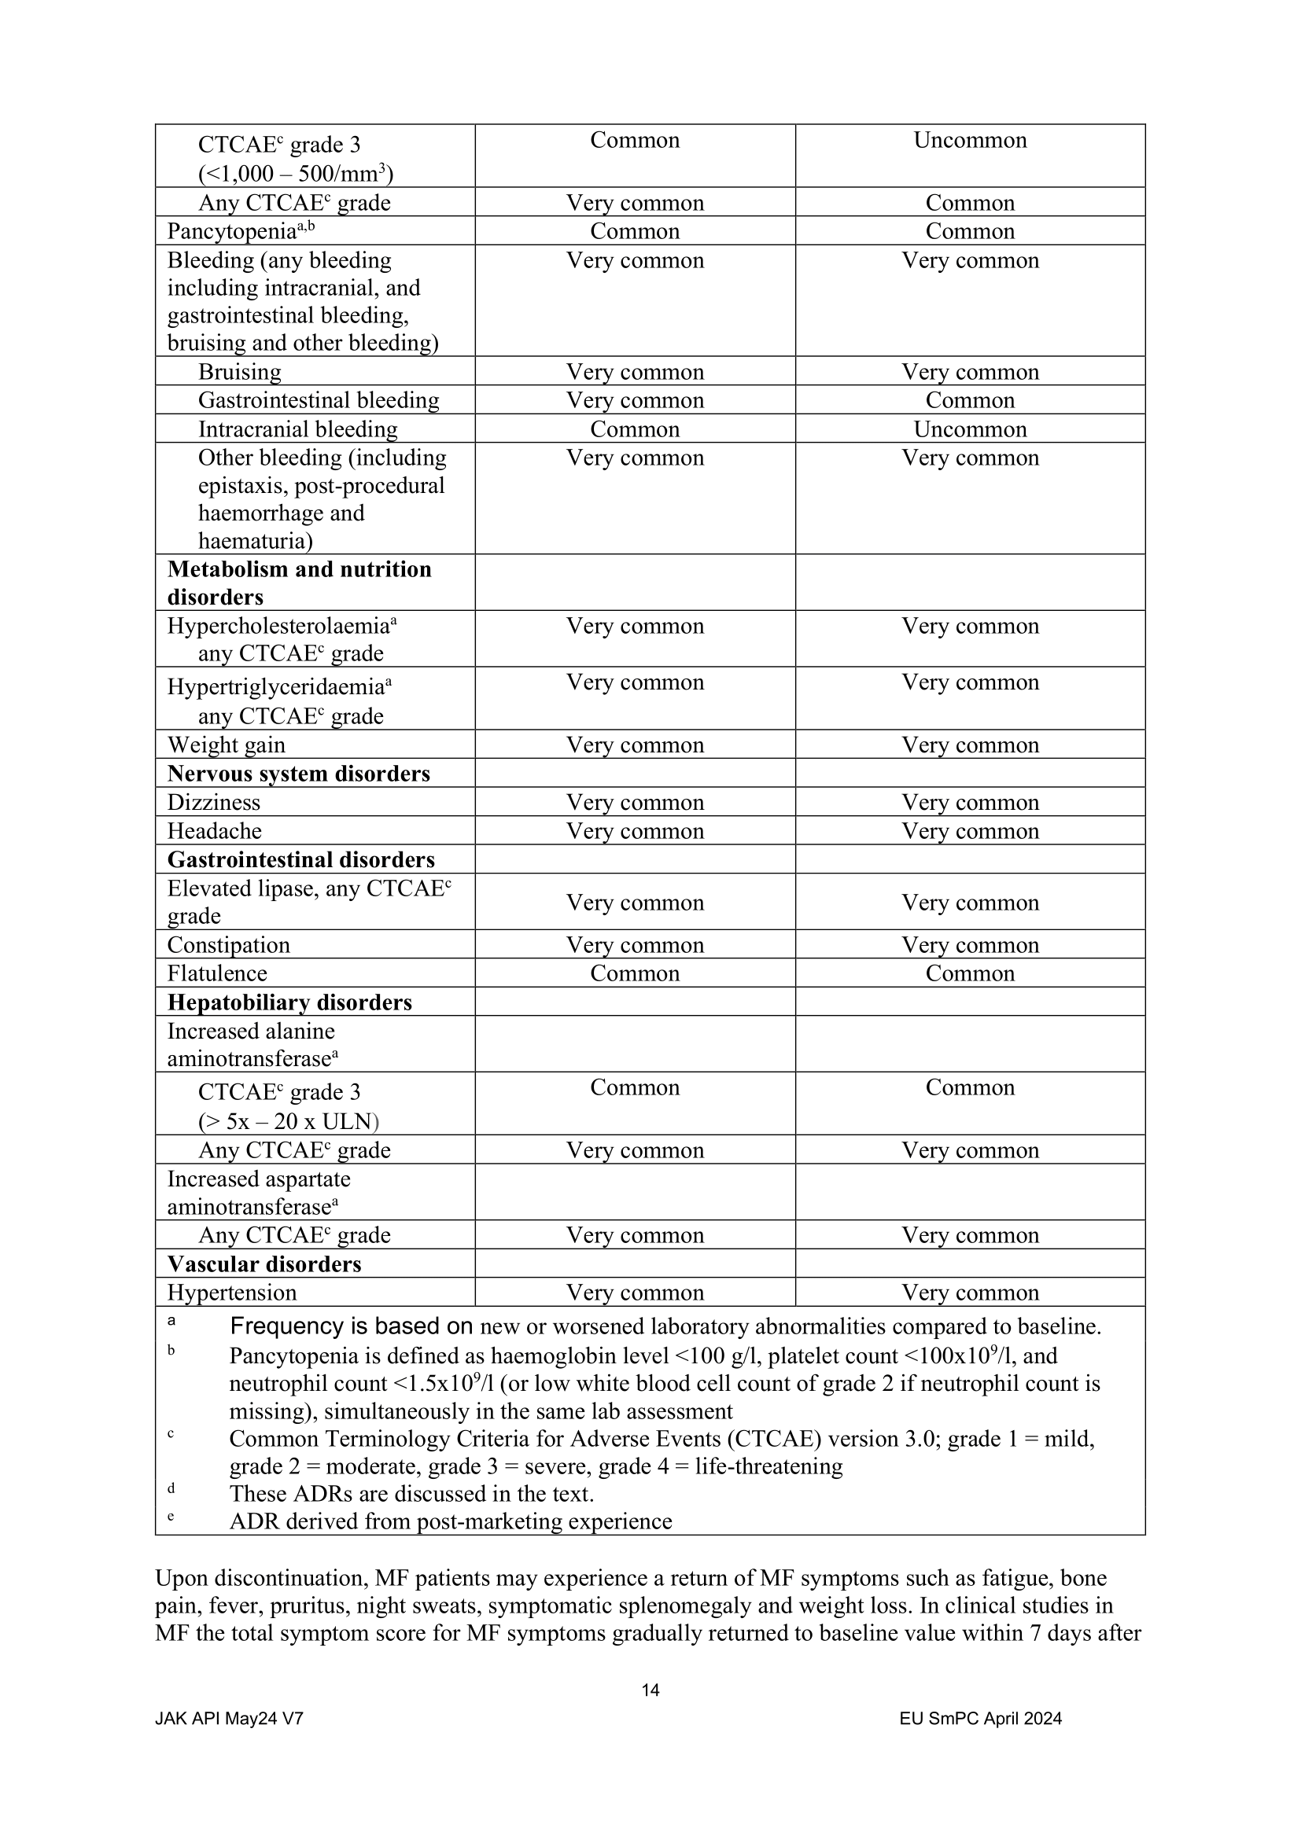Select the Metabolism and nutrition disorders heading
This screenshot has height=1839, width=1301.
pyautogui.click(x=299, y=583)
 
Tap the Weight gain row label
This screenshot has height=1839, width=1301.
pyautogui.click(x=226, y=745)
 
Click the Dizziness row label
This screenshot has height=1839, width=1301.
pyautogui.click(x=213, y=803)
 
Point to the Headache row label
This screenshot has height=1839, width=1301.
pyautogui.click(x=214, y=831)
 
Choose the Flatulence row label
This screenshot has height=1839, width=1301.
pyautogui.click(x=217, y=973)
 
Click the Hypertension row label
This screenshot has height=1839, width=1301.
pyautogui.click(x=231, y=1293)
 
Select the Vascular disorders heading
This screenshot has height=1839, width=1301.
pyautogui.click(x=264, y=1264)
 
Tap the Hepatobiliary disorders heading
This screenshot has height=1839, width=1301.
pyautogui.click(x=289, y=1002)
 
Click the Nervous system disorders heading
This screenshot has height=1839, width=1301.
pyautogui.click(x=298, y=774)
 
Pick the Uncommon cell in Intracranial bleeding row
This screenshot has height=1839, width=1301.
pyautogui.click(x=969, y=429)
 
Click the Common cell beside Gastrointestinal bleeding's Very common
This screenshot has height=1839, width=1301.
pyautogui.click(x=969, y=400)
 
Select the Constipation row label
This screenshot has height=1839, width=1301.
pyautogui.click(x=228, y=945)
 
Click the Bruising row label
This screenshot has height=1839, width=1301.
pyautogui.click(x=240, y=373)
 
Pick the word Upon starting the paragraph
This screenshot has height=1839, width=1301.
pyautogui.click(x=181, y=1579)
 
